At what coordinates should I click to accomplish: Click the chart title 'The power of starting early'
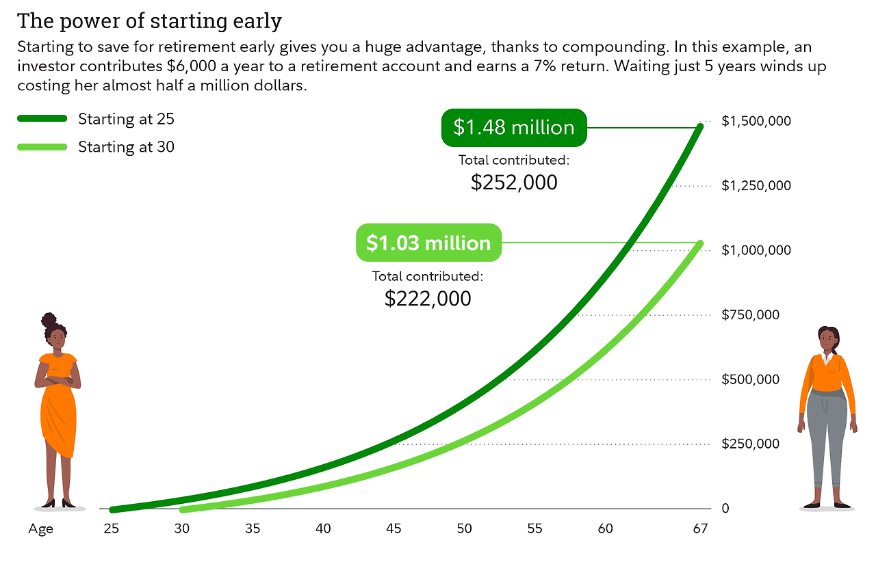point(149,21)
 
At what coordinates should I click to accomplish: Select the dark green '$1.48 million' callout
point(514,128)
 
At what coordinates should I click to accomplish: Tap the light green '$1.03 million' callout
point(428,243)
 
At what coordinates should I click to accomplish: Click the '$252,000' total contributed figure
point(514,183)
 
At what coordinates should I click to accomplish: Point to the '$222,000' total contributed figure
point(428,298)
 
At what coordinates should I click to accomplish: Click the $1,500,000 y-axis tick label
point(756,121)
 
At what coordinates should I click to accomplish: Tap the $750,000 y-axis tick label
point(750,315)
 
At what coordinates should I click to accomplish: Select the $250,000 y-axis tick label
point(750,444)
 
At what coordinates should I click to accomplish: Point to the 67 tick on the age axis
point(699,528)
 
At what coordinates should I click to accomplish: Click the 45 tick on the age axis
point(394,528)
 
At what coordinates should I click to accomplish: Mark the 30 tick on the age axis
point(181,528)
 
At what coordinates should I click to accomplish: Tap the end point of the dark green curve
point(699,126)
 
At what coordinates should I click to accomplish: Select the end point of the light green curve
point(699,244)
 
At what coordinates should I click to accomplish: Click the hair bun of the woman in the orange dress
point(49,320)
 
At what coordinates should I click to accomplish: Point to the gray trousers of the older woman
point(827,438)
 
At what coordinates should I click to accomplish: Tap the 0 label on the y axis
point(725,509)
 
